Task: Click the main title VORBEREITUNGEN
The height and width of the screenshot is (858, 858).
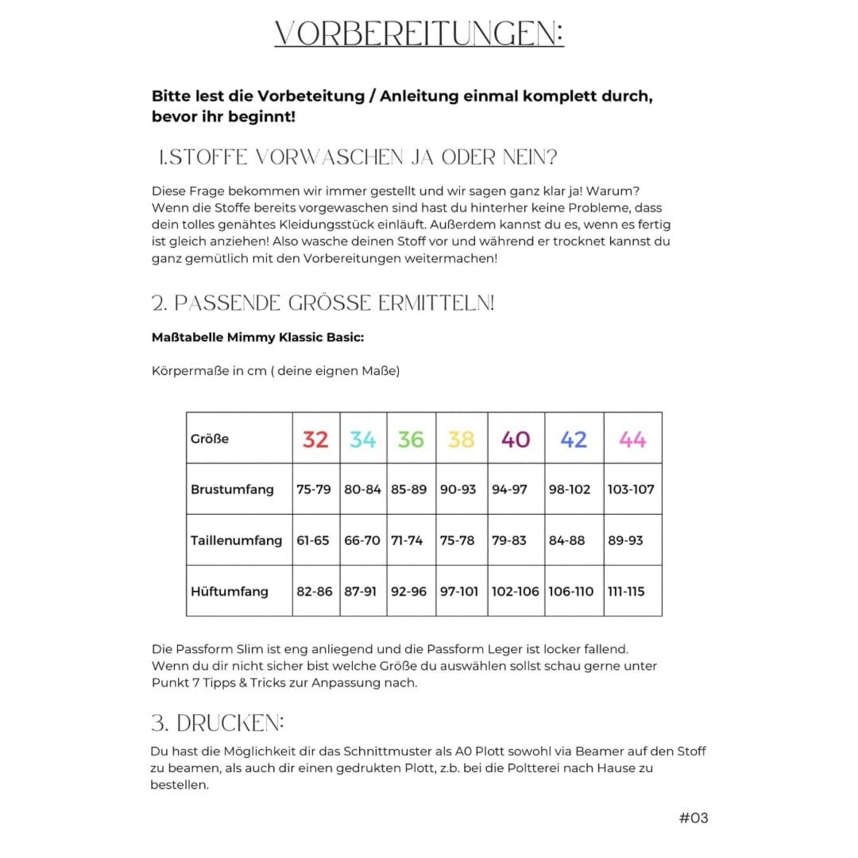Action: (x=419, y=33)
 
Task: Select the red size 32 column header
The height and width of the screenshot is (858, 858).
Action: (x=315, y=439)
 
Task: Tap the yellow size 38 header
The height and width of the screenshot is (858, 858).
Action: (x=461, y=439)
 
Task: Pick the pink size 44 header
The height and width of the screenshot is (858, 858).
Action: (x=632, y=439)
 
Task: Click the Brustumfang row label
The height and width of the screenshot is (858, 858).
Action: (x=231, y=489)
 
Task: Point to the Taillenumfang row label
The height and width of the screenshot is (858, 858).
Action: (x=236, y=540)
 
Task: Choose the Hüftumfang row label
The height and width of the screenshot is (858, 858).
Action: (x=230, y=591)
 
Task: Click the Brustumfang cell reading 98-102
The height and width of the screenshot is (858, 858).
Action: (x=570, y=489)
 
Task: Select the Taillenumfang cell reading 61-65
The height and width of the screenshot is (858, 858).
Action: (x=312, y=540)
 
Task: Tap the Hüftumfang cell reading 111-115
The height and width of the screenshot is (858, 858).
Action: (x=626, y=591)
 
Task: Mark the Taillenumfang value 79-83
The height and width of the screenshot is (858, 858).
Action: (x=508, y=540)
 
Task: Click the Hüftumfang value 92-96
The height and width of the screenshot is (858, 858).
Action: (x=408, y=591)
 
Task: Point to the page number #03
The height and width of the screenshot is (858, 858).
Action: (x=694, y=817)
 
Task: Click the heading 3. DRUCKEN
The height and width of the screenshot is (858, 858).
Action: (x=218, y=723)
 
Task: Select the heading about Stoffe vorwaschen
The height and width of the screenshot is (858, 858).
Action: (x=357, y=157)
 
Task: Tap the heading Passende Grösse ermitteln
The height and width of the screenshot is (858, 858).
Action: (x=323, y=303)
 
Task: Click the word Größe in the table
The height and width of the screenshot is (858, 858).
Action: (x=210, y=439)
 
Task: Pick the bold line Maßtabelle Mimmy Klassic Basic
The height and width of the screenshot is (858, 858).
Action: (x=257, y=337)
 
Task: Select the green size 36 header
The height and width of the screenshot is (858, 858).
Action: (x=411, y=439)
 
